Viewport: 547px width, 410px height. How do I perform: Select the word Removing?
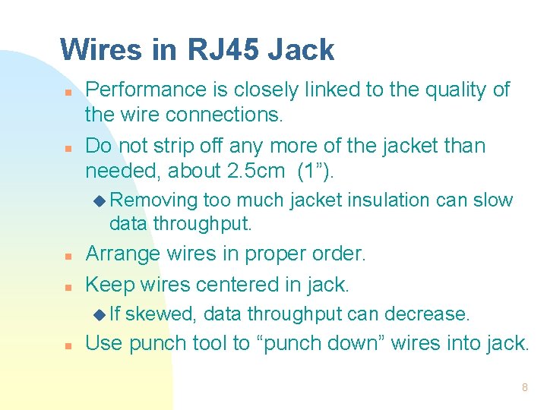pyautogui.click(x=154, y=200)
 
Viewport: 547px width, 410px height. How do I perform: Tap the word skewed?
pyautogui.click(x=161, y=314)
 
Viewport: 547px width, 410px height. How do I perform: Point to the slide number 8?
pyautogui.click(x=524, y=387)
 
